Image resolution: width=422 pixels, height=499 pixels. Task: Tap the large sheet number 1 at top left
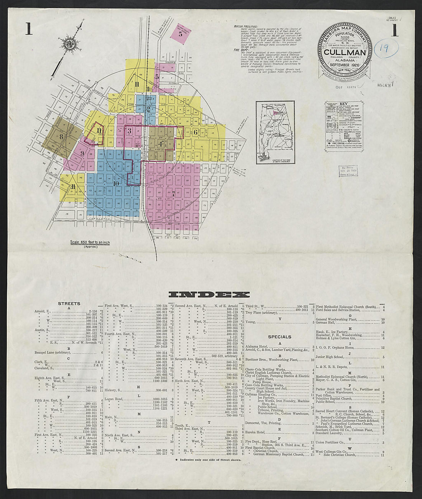click(x=29, y=30)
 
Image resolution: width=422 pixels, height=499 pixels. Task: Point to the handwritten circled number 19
click(x=387, y=49)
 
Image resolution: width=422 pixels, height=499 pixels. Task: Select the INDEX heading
click(x=209, y=295)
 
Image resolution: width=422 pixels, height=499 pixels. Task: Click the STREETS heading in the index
click(x=69, y=304)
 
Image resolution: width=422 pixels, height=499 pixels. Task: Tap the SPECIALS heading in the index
click(x=279, y=337)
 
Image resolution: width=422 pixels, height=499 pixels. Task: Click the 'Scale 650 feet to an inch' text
click(x=90, y=243)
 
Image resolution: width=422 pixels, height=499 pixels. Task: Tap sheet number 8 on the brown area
click(x=61, y=136)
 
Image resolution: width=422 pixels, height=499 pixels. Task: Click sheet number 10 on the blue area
click(x=115, y=183)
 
